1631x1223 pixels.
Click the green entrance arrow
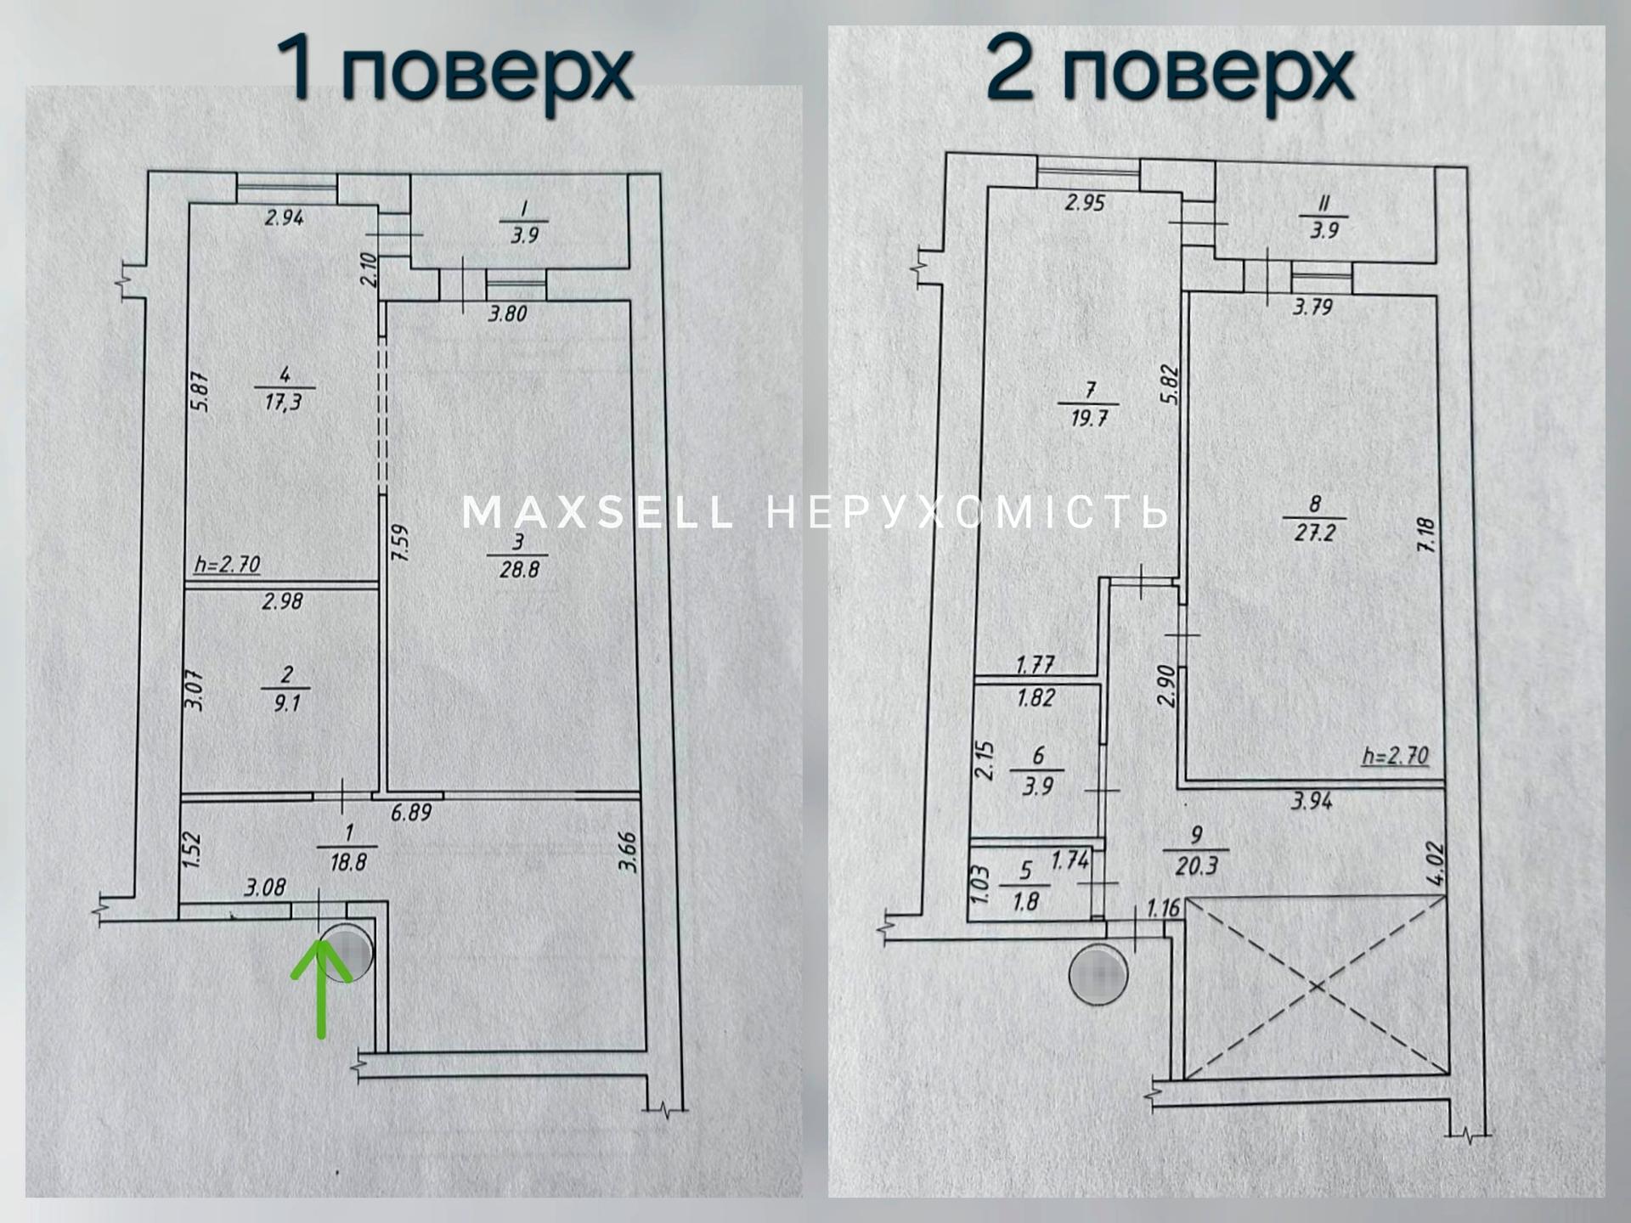(321, 989)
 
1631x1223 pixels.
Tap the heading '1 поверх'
(454, 70)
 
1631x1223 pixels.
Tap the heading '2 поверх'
(1170, 70)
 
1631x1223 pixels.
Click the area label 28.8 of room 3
(519, 569)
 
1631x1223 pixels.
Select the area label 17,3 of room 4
(283, 402)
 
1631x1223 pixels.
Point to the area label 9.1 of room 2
(287, 703)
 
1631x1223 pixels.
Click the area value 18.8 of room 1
(348, 863)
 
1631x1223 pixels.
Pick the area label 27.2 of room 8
(1315, 533)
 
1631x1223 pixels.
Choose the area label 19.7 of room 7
(1089, 418)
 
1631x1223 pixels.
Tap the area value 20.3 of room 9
(1197, 865)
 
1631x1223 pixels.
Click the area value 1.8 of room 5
(1026, 901)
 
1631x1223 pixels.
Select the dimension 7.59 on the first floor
(399, 542)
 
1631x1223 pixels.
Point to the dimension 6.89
(411, 813)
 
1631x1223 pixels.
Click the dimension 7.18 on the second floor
(1426, 535)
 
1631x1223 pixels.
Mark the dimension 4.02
(1435, 864)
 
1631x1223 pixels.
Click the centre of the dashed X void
(1316, 987)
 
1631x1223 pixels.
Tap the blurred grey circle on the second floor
(1098, 975)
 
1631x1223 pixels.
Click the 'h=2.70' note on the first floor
(227, 564)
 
